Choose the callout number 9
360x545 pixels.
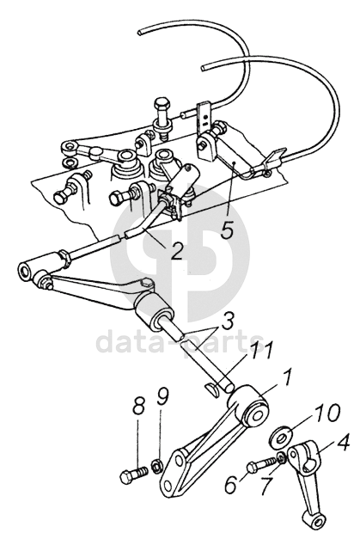[163, 397]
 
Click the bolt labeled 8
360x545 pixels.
[134, 475]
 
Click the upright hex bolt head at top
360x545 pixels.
[162, 103]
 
